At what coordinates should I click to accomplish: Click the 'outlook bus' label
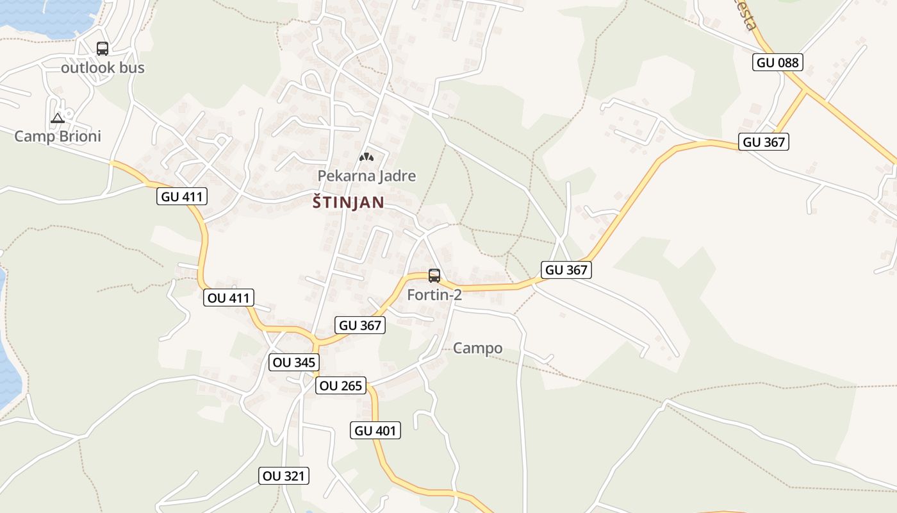[103, 68]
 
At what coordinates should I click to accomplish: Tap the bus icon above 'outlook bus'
[103, 49]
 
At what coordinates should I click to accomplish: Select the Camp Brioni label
[58, 136]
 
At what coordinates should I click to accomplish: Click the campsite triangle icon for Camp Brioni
[58, 118]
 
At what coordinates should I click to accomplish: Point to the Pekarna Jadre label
[366, 176]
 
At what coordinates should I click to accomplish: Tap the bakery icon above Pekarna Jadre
[366, 156]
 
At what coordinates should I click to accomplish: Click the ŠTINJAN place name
[349, 203]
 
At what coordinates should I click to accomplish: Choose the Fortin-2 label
[434, 295]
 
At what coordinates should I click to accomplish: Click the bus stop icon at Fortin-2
[434, 276]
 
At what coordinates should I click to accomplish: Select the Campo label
[477, 348]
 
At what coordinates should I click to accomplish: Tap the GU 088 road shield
[777, 62]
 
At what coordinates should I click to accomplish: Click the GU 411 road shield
[182, 197]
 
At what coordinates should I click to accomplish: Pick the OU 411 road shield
[229, 298]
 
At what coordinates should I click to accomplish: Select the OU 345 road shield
[294, 362]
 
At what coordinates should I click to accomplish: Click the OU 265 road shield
[340, 385]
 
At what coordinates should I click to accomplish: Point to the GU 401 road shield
[376, 431]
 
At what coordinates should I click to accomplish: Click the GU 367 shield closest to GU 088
[763, 142]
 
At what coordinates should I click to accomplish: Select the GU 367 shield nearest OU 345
[360, 325]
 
